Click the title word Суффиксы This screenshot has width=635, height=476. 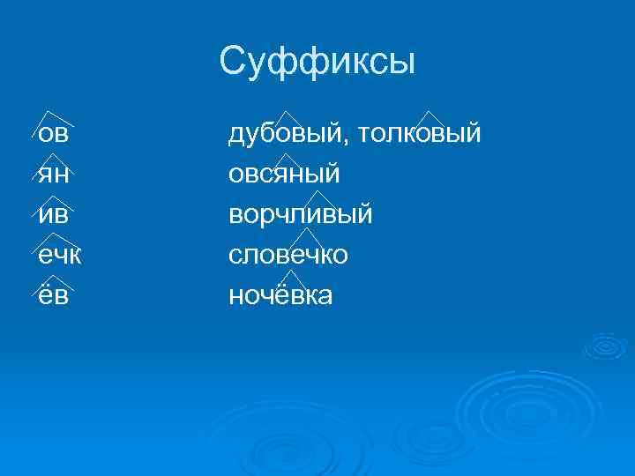[317, 62]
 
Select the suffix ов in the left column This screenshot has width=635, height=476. [54, 134]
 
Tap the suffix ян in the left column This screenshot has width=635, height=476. [54, 175]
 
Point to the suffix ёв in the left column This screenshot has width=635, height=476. [54, 296]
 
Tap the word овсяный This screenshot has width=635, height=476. [284, 175]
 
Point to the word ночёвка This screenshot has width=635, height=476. [280, 296]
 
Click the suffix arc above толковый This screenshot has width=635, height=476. [429, 117]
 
